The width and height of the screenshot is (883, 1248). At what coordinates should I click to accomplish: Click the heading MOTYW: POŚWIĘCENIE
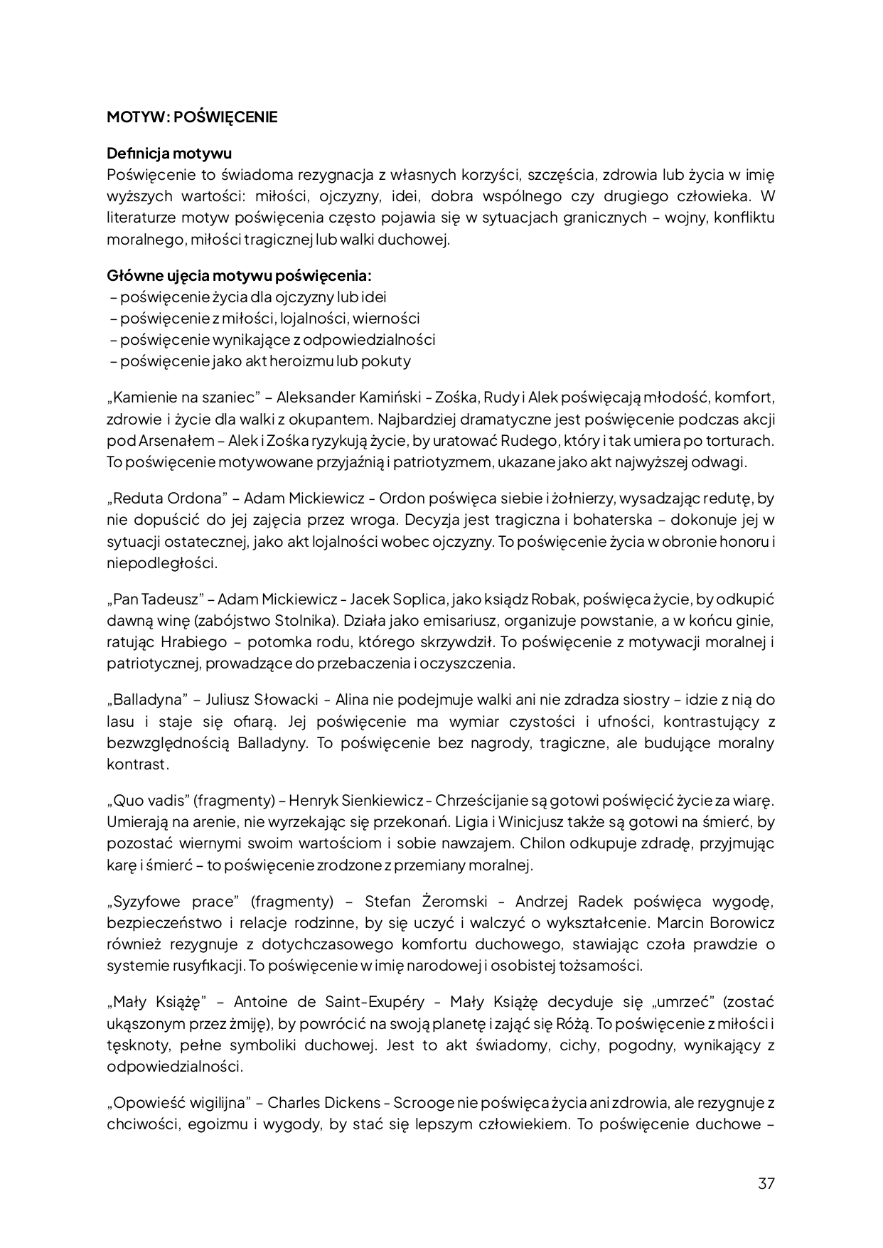[x=192, y=117]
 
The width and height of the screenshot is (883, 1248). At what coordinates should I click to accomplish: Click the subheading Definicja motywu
[x=169, y=153]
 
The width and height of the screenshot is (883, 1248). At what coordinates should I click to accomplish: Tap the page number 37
[x=766, y=1184]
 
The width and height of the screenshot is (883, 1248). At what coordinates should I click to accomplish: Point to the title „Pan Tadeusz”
[x=156, y=599]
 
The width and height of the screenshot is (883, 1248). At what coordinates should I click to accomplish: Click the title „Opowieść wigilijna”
[x=176, y=1103]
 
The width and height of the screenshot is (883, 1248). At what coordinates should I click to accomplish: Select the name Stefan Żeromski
[x=426, y=902]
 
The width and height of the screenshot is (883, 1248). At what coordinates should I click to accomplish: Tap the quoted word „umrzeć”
[x=681, y=1002]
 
